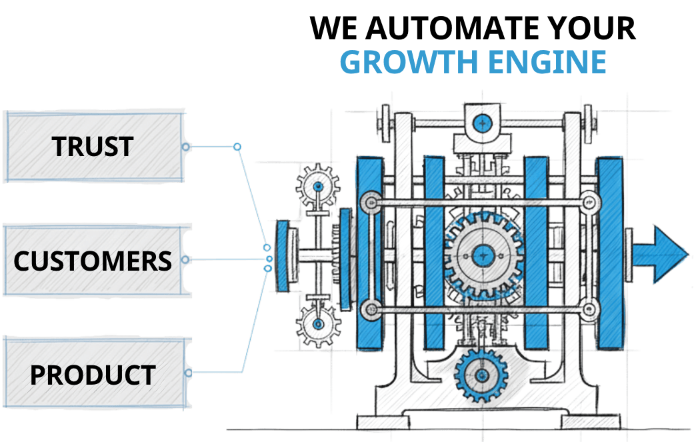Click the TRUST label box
(93, 147)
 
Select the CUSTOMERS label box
(93, 260)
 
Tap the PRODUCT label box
(93, 375)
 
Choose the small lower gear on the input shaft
(318, 324)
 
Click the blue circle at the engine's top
(482, 123)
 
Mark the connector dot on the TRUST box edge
(187, 147)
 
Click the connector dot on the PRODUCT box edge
(189, 373)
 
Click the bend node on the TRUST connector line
(237, 146)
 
